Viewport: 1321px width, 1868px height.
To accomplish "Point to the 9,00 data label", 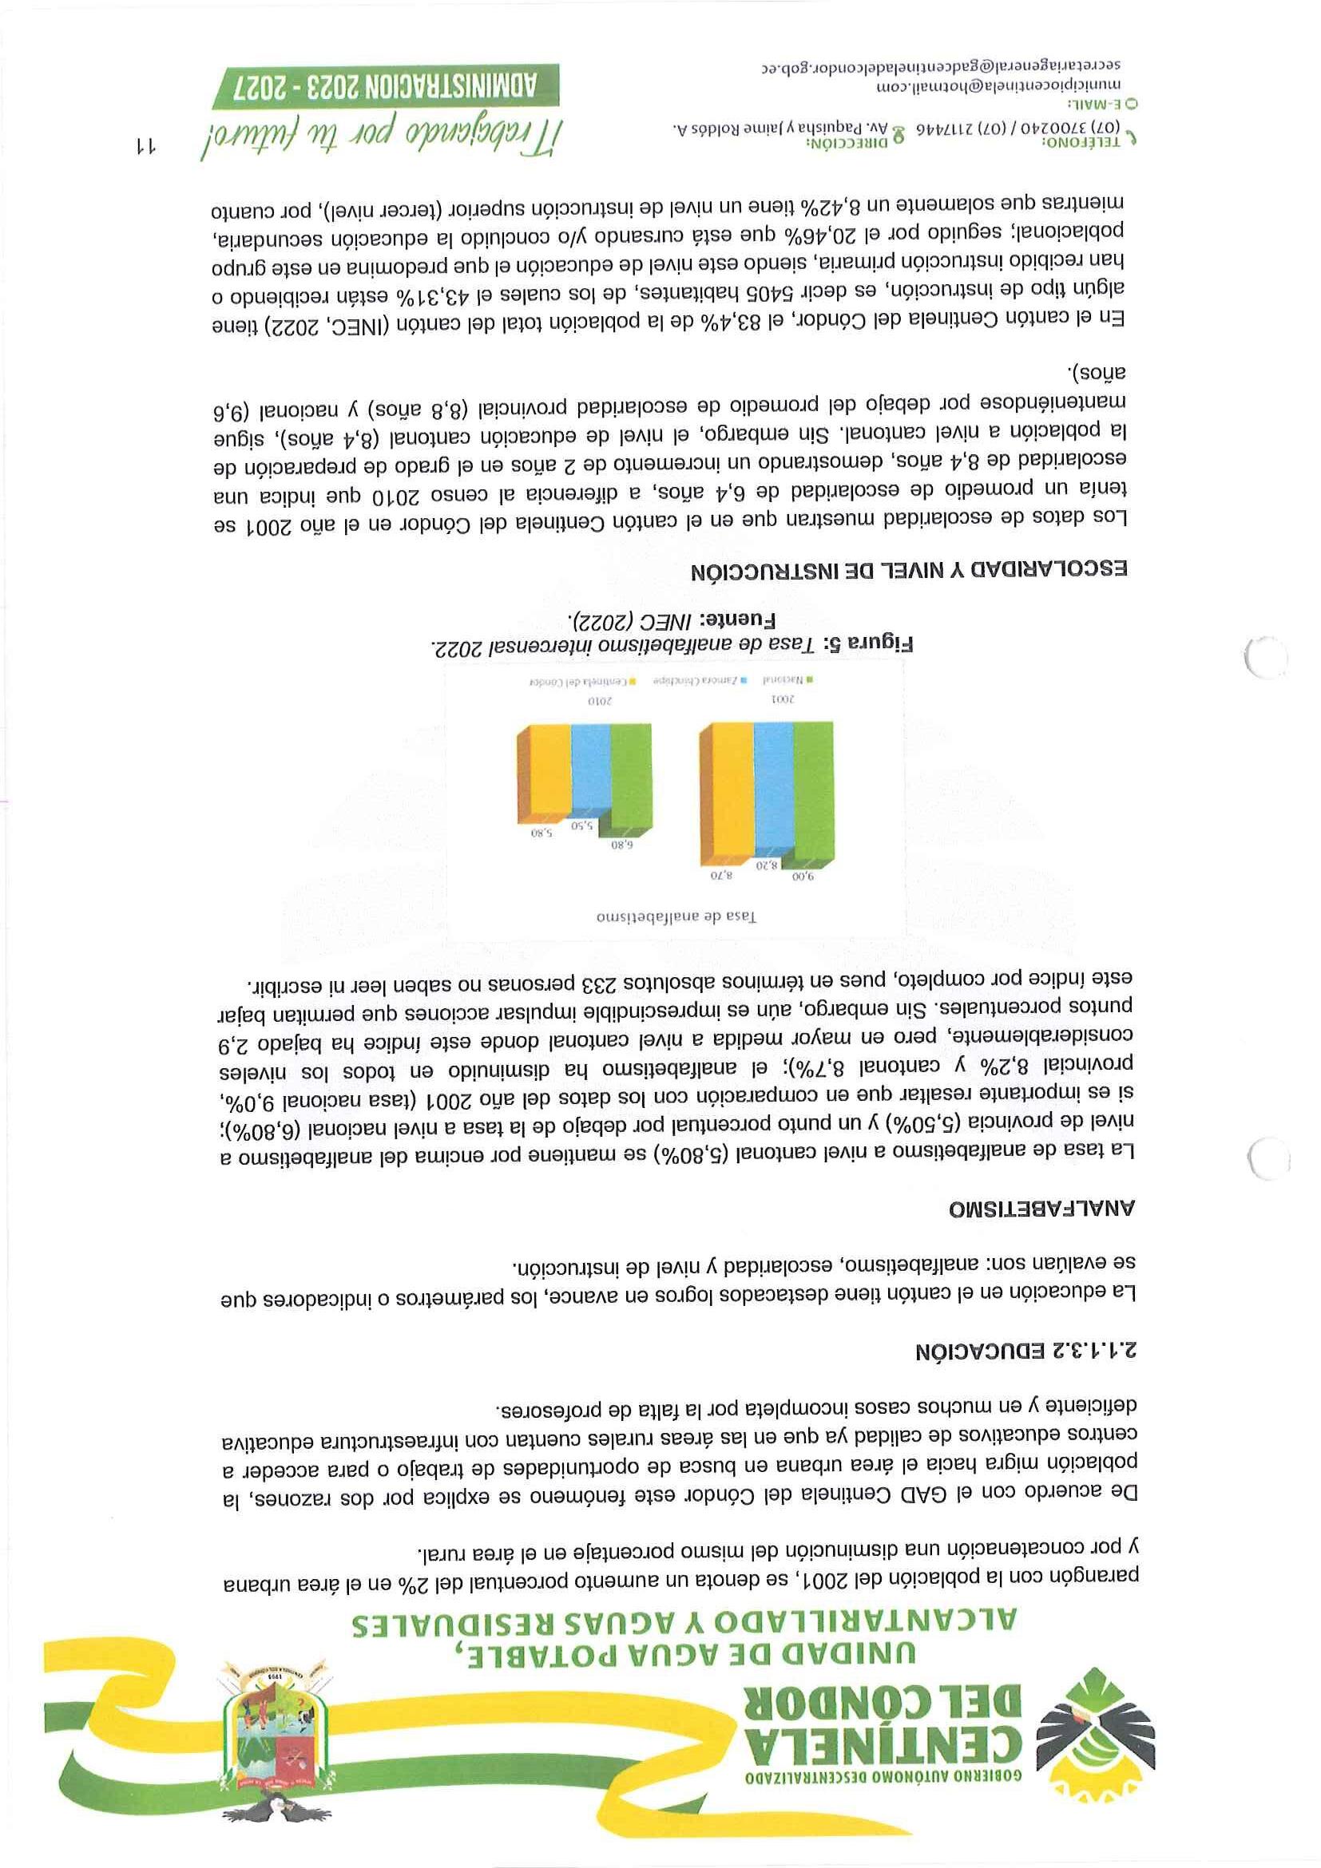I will (x=803, y=877).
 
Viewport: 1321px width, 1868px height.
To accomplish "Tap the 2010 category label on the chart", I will (x=600, y=699).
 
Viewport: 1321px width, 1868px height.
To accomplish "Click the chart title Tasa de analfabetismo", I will (x=676, y=916).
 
